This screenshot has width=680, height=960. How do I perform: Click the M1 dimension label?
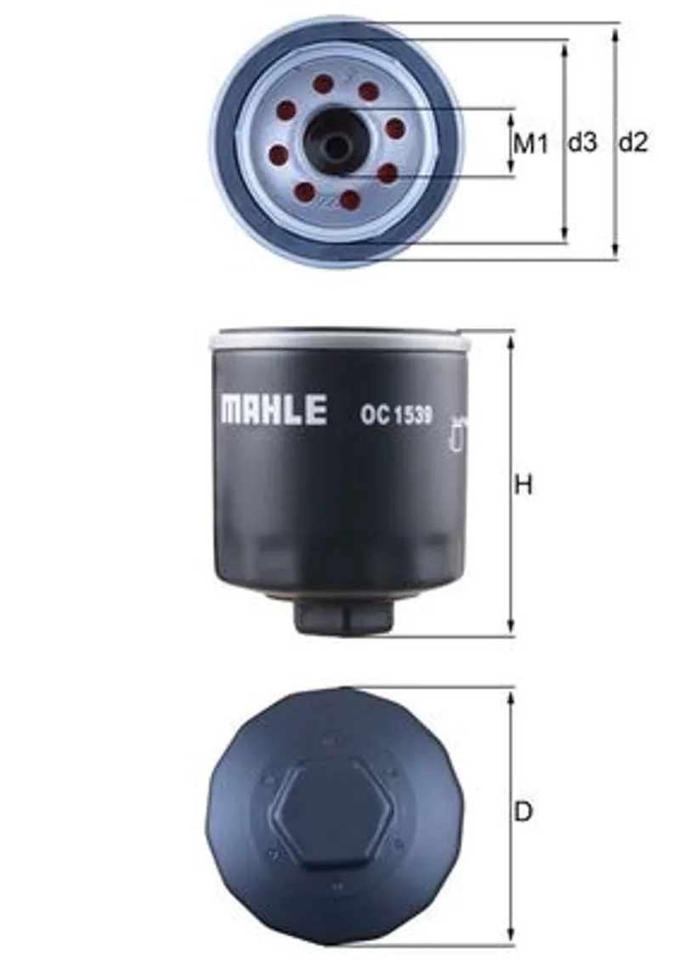pos(530,144)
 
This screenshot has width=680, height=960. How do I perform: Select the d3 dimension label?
pos(582,143)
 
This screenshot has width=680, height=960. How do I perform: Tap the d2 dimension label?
pos(632,143)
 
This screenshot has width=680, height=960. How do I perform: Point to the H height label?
pos(524,485)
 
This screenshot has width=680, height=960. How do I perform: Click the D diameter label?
pos(523,812)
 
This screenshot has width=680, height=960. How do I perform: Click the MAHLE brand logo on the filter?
pos(274,409)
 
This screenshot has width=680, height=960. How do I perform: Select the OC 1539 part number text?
pos(396,415)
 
